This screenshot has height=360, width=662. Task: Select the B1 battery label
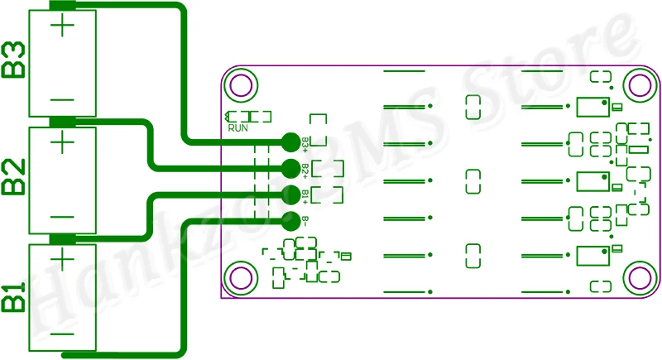tap(14, 298)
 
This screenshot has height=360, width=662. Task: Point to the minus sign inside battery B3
tap(63, 99)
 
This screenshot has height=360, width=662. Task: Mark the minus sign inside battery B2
tap(63, 217)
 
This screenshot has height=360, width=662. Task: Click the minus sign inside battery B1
tap(63, 334)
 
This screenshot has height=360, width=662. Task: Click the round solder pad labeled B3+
tap(290, 142)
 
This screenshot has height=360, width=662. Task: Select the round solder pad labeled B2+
tap(290, 169)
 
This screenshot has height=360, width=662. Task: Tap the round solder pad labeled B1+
tap(290, 194)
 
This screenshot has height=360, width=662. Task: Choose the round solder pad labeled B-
tap(290, 221)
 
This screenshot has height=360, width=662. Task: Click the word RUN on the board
tap(238, 127)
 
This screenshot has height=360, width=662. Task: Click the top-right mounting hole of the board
tap(638, 84)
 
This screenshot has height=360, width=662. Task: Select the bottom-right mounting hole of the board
tap(638, 277)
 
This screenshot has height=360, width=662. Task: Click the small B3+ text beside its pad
tap(305, 142)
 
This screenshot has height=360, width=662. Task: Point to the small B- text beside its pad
tap(305, 221)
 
